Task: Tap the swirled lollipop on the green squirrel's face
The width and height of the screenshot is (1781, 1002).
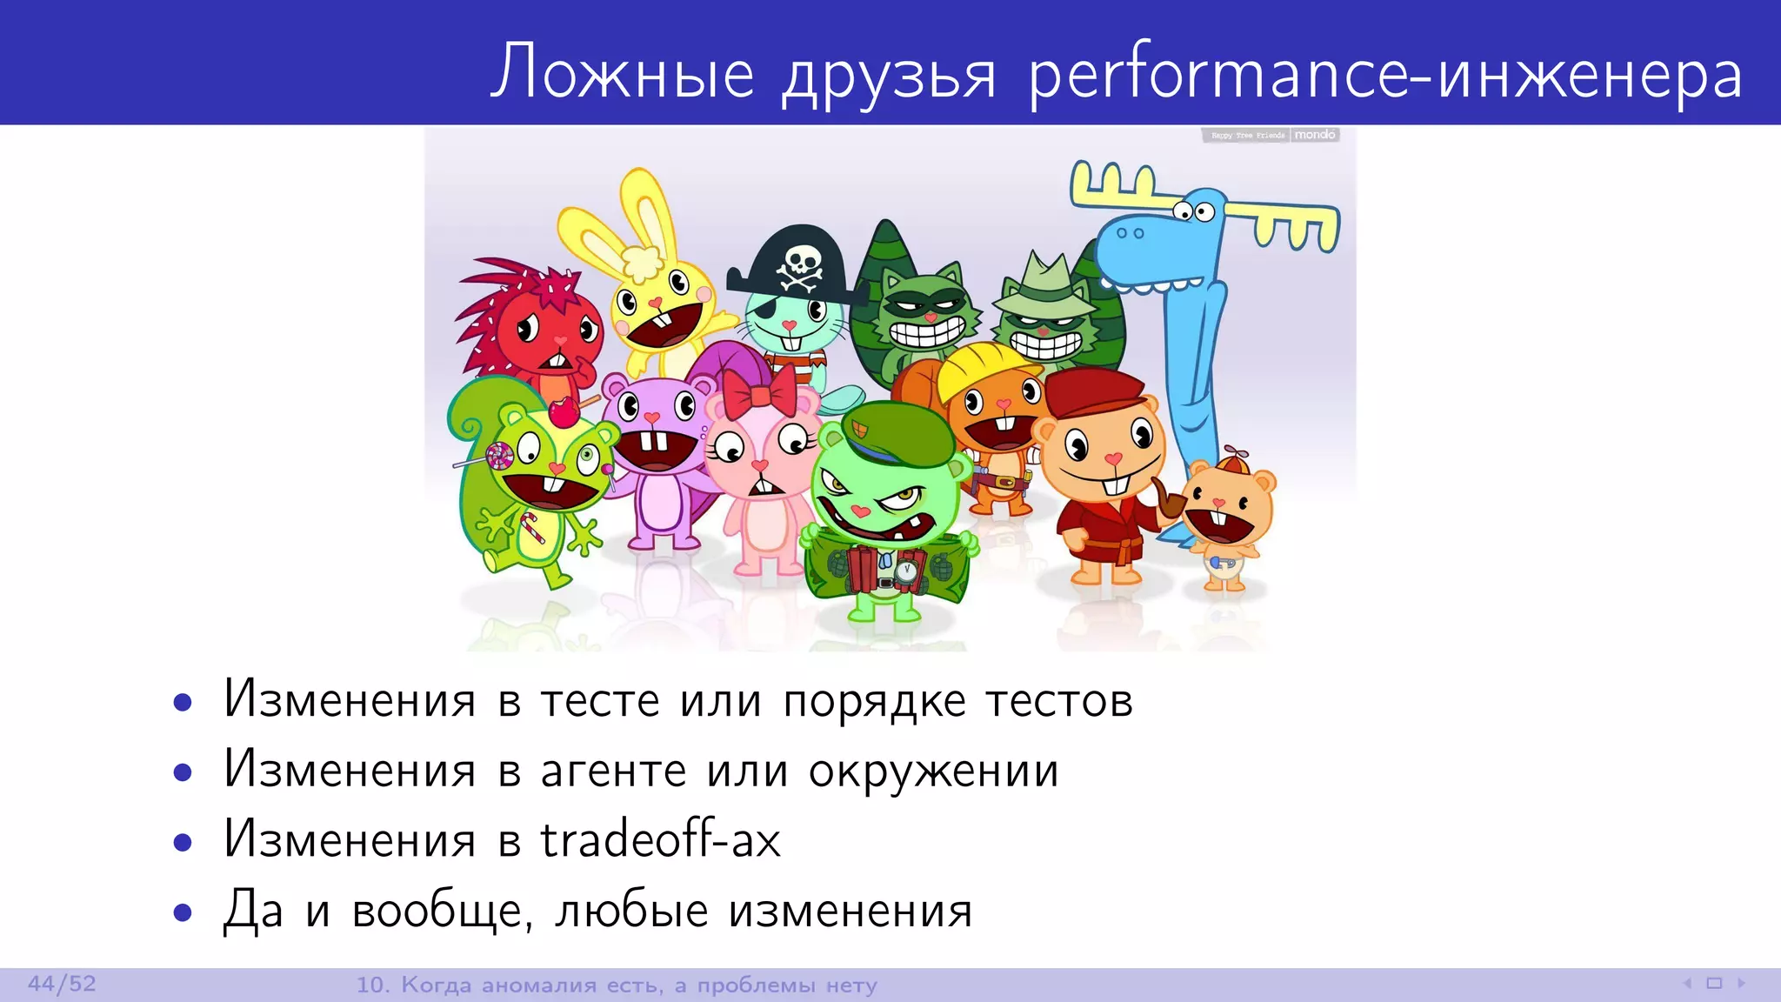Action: coord(499,456)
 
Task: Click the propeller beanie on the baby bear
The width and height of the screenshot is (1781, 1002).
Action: coord(1237,463)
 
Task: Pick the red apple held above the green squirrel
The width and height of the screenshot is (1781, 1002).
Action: coord(564,411)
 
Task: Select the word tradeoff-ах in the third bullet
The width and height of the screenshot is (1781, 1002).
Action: coord(660,840)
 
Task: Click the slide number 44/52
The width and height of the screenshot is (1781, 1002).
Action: coord(62,985)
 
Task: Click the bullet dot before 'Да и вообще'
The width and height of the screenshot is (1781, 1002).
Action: coord(182,912)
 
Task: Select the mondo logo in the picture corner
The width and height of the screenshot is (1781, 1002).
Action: coord(1314,135)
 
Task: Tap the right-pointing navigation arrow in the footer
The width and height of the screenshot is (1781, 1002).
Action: coord(1741,984)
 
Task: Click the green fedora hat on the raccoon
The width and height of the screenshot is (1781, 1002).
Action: coord(1043,287)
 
